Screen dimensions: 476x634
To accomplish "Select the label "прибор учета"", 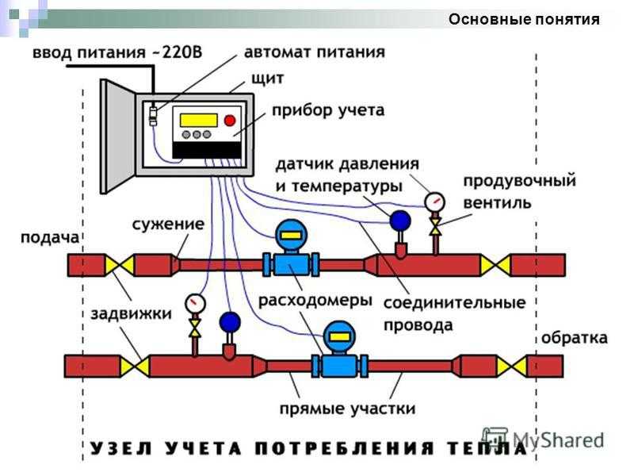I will [328, 110].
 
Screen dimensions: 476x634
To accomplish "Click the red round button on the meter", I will [231, 121].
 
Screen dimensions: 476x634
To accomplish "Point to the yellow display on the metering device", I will [198, 121].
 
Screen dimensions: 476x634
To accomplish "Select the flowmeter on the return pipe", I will [339, 349].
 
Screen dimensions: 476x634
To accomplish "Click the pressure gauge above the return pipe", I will [194, 303].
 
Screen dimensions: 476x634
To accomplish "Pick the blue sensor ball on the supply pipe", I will [401, 219].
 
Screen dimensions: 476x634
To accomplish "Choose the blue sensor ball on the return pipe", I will [230, 321].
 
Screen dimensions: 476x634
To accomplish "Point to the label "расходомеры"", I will [315, 301].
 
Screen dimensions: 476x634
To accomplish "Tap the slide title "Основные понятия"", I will [523, 20].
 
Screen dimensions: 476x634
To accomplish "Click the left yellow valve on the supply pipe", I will [121, 264].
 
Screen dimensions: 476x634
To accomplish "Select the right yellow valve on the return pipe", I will [519, 366].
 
